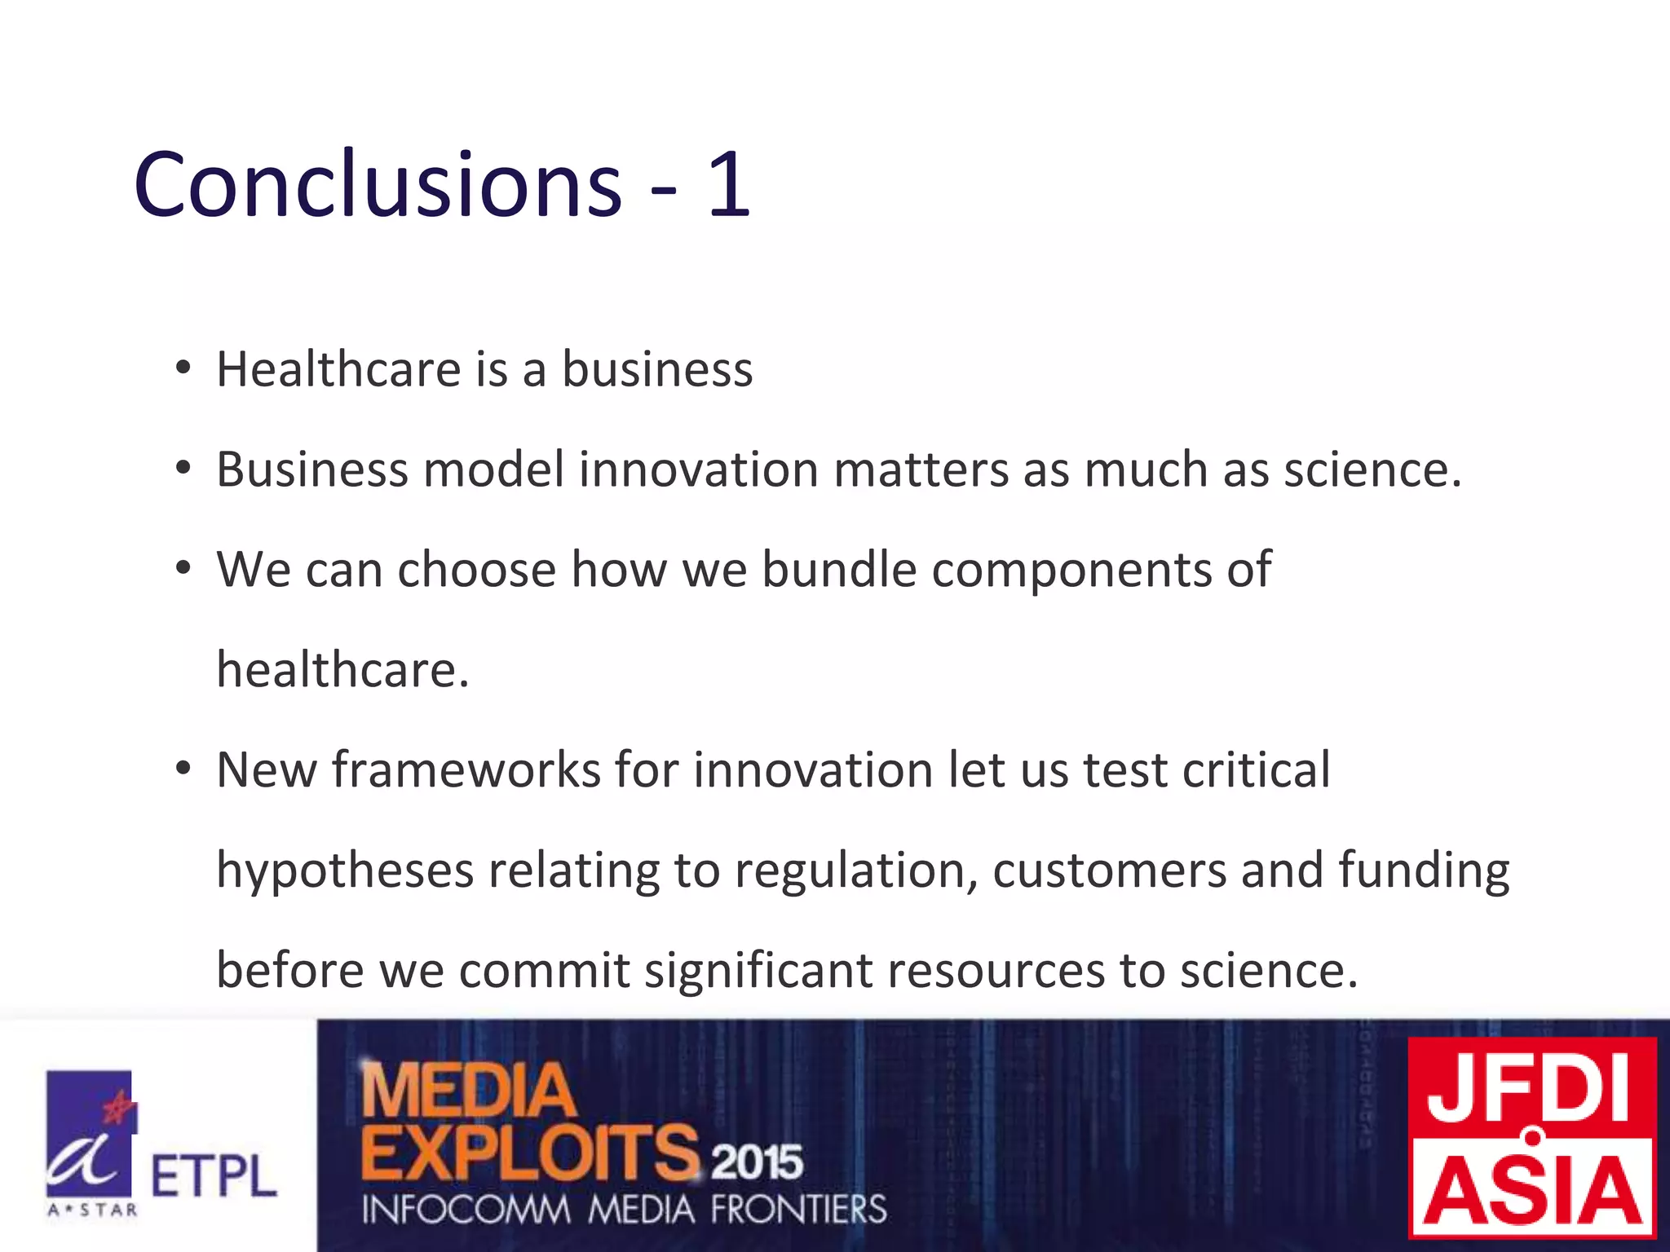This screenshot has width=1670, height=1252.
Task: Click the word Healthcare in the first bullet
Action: [x=338, y=369]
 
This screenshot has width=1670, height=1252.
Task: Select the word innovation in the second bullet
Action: [x=699, y=470]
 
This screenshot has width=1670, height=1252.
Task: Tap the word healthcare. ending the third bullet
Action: [x=342, y=670]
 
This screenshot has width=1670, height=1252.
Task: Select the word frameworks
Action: [x=466, y=769]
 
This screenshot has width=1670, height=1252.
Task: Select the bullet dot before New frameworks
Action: [x=183, y=769]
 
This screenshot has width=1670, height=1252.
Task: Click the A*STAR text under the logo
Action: [x=92, y=1210]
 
